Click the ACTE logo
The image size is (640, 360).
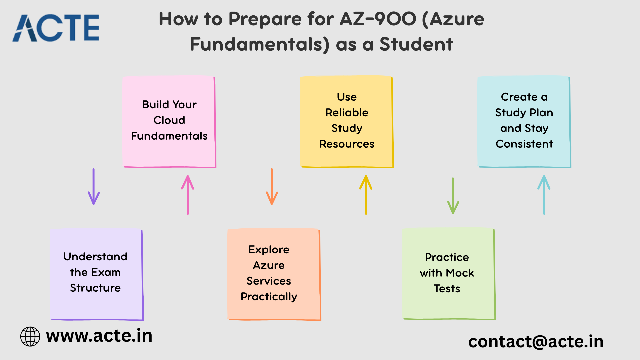coord(56,28)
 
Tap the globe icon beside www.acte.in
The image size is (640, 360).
coord(30,336)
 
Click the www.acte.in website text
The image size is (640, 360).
coord(99,335)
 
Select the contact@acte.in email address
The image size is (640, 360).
coord(536,342)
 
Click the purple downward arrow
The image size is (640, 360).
coord(94,186)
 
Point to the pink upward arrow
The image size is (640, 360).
coord(188,195)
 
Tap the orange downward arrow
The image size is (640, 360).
coord(272,186)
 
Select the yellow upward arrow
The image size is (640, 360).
coord(366,195)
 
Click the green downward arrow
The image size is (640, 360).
coord(453,196)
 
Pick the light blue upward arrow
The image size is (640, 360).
coord(544,195)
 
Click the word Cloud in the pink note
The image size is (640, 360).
coord(169,120)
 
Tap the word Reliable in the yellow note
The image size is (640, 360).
coord(347,112)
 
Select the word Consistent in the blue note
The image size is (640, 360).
coord(524,144)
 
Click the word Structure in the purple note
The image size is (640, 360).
coord(95,288)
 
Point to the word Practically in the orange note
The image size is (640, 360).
coord(269,297)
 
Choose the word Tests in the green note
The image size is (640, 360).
coord(447,288)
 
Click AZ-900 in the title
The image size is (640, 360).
coord(378,19)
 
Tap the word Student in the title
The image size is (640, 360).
coord(416,44)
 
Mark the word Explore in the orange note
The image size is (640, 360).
coord(269,250)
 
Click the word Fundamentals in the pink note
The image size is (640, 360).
coord(169,136)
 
